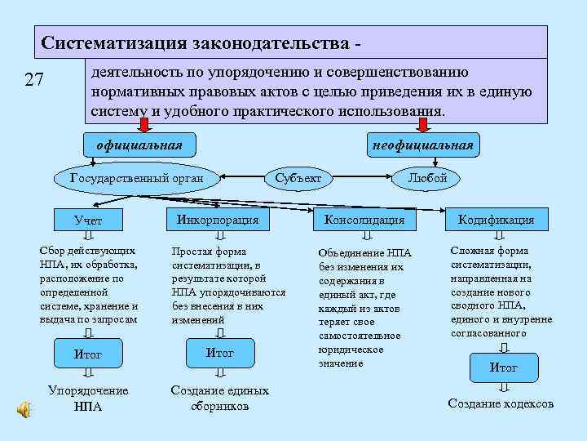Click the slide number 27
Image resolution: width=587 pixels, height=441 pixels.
coord(33,80)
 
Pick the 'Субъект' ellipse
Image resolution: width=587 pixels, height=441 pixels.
coord(298,177)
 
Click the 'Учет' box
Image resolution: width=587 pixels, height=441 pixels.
coord(88,220)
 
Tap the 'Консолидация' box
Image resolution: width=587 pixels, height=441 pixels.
coord(364,220)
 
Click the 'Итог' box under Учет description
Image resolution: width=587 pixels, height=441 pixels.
coord(88,354)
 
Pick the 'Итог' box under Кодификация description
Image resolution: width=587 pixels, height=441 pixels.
coord(503,367)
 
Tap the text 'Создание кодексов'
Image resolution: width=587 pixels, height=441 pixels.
coord(501,403)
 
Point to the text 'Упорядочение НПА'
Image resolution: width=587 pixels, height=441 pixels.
coord(88,398)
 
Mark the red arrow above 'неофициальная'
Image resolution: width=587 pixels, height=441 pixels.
coord(422,124)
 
